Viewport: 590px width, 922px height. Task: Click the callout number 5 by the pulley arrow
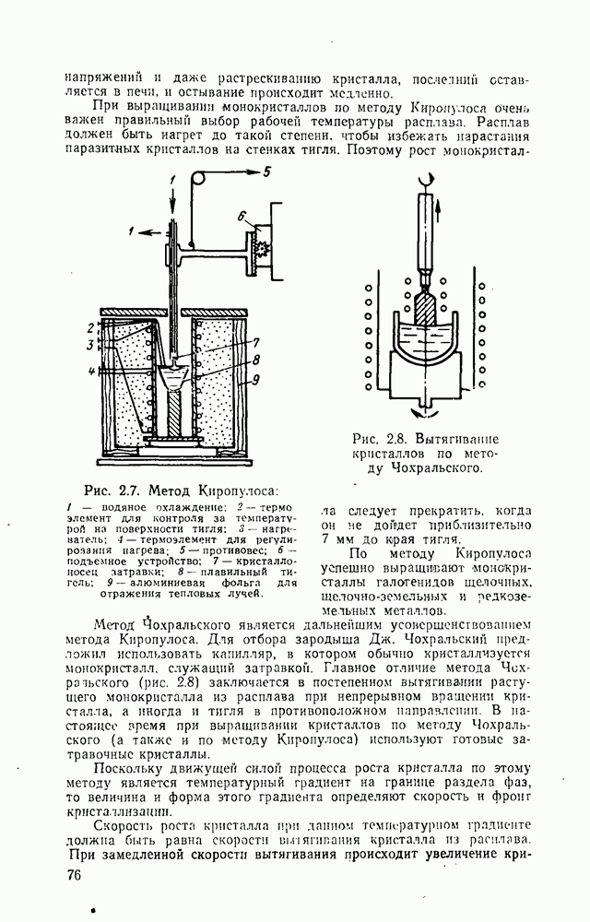(x=267, y=171)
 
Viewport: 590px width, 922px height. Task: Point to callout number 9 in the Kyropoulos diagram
(x=257, y=377)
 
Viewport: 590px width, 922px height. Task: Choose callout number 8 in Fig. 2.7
(x=257, y=360)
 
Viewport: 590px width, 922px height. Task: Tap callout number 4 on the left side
(x=91, y=372)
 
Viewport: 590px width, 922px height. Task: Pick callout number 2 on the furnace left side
(x=91, y=327)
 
